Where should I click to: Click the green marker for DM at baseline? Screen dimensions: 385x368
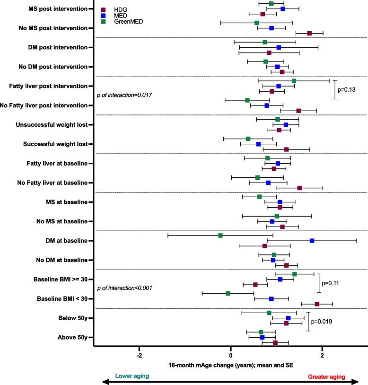pos(220,235)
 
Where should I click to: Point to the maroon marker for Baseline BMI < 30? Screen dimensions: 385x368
pos(317,304)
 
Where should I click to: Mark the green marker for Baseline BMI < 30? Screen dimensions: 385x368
pos(228,293)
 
